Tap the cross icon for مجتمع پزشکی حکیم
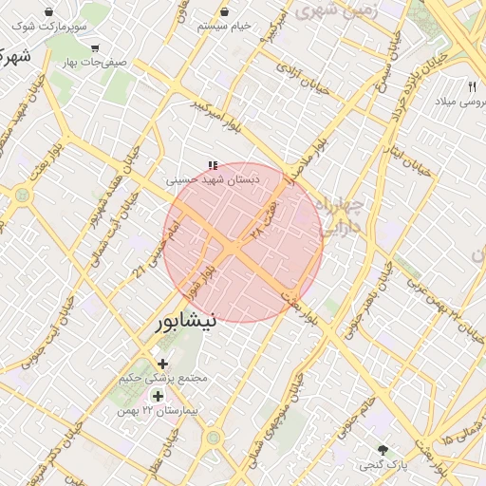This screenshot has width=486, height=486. click(x=162, y=364)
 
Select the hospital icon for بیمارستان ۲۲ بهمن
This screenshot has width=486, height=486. click(x=157, y=396)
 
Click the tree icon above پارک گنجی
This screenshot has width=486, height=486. click(x=383, y=450)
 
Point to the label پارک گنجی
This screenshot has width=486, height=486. click(x=383, y=466)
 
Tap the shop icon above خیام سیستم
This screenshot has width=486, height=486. click(x=225, y=11)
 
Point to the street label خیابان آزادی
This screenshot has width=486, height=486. click(x=303, y=75)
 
